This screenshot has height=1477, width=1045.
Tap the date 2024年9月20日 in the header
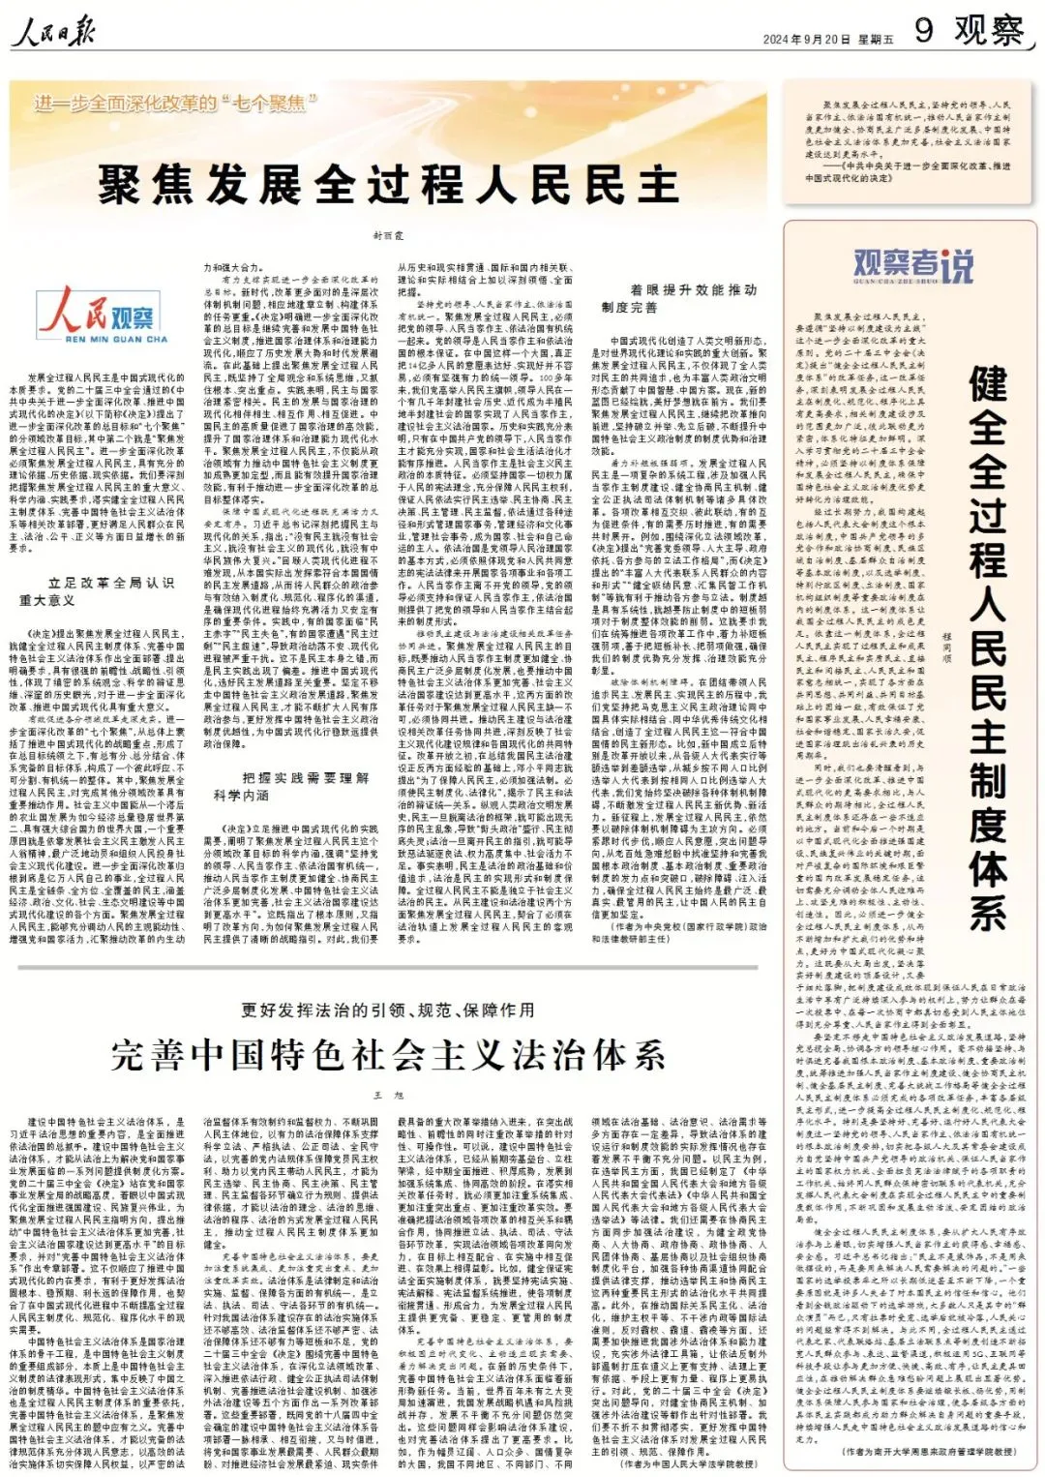807,40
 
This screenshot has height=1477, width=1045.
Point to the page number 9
924,30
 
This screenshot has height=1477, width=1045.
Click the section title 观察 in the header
988,30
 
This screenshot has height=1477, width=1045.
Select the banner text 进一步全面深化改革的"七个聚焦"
175,103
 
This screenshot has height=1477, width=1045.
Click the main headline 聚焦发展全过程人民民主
387,184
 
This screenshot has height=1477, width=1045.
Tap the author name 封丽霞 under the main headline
388,235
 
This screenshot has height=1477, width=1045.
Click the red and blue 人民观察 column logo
103,315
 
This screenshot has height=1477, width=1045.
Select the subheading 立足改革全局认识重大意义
97,591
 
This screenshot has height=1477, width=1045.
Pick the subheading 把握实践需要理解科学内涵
290,785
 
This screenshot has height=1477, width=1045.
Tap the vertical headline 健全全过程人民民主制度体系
987,648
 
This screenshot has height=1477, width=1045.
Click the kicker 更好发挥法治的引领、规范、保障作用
387,1010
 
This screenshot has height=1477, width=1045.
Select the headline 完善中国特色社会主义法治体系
387,1054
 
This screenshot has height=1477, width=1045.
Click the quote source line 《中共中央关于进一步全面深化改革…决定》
910,171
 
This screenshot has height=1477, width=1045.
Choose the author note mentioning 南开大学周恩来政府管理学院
929,1452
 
